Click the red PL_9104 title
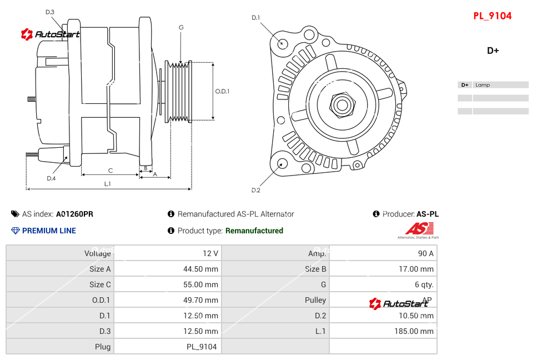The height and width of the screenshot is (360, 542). (x=492, y=16)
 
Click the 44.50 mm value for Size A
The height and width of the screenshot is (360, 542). (x=200, y=269)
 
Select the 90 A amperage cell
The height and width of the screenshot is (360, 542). (x=425, y=253)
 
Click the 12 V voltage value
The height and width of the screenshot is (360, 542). (x=210, y=253)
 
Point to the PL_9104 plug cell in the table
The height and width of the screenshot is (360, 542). (x=202, y=347)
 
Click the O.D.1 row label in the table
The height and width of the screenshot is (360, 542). (x=101, y=300)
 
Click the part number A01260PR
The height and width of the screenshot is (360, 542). (x=74, y=214)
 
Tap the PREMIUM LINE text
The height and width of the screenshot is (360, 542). (x=49, y=231)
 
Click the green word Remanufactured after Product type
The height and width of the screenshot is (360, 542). (x=254, y=231)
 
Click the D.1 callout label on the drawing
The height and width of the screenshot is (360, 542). (x=255, y=18)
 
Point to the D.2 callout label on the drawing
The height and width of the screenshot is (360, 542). (x=255, y=191)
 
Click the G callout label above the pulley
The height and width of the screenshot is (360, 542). (x=181, y=28)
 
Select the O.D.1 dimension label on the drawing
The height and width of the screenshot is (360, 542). (x=222, y=92)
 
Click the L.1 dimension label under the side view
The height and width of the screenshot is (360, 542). (x=108, y=183)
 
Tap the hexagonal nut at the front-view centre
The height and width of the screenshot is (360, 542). (x=342, y=104)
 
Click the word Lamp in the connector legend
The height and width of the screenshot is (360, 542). (x=483, y=85)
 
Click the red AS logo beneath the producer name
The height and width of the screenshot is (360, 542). (x=419, y=228)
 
